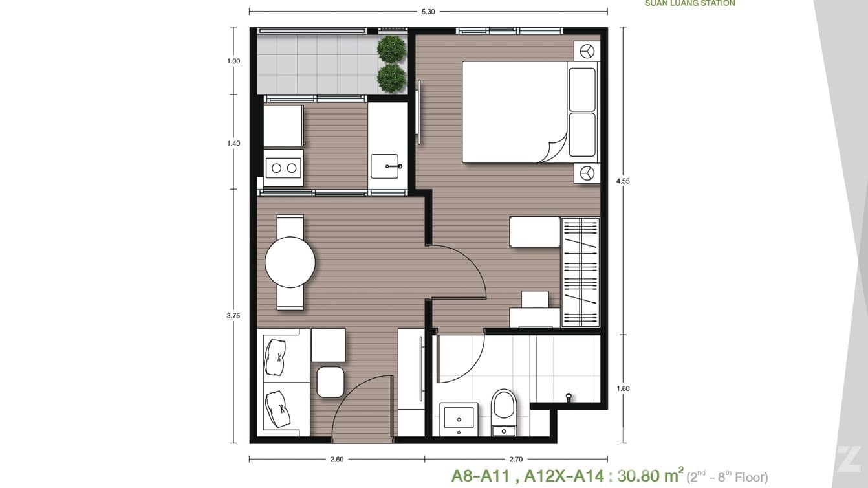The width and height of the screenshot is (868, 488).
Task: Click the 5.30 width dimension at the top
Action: [x=428, y=11]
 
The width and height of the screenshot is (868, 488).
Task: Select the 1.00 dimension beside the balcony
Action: [x=233, y=61]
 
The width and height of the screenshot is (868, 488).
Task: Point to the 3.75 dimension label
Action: [x=233, y=316]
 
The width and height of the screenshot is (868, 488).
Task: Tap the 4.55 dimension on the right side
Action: [x=623, y=181]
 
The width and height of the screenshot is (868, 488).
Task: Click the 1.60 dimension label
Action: [x=623, y=388]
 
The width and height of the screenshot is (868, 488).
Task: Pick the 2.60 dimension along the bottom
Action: [x=336, y=460]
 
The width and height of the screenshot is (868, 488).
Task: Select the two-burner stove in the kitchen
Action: [x=284, y=168]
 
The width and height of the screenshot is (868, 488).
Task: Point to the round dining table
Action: [x=290, y=262]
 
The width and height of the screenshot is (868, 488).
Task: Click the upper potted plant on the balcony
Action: [x=391, y=49]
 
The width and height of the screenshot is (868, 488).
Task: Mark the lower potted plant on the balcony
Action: [x=391, y=78]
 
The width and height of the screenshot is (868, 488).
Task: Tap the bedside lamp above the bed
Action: [x=587, y=51]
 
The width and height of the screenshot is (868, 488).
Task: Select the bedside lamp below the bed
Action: [x=587, y=173]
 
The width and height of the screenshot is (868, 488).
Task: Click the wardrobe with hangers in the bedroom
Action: [x=580, y=272]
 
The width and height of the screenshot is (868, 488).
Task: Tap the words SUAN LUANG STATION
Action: [x=689, y=3]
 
